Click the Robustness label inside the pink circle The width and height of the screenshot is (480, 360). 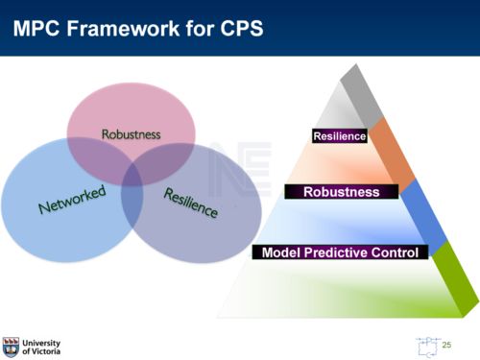click(x=132, y=134)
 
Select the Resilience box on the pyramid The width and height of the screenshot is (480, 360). click(x=340, y=136)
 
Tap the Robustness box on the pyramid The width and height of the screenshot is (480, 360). click(x=341, y=192)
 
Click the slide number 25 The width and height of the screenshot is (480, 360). click(x=445, y=343)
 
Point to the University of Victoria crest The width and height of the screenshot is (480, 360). click(x=11, y=346)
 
